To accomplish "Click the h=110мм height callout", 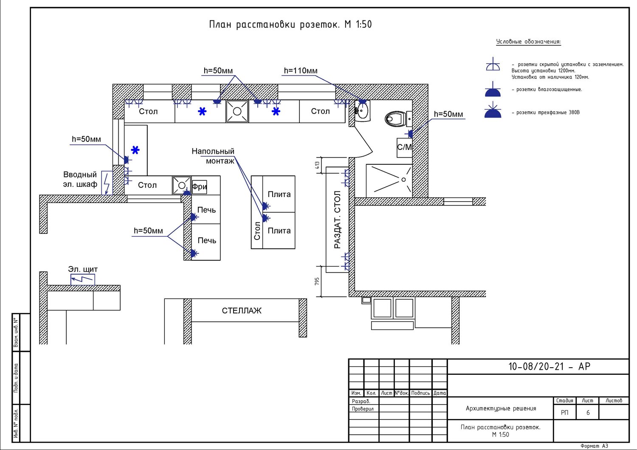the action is tap(301, 71).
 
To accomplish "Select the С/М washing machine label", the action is tap(404, 147).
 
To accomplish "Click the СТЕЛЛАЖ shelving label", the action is tap(242, 311).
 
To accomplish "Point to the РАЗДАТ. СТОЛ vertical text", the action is tap(337, 220).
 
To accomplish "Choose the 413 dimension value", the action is tap(317, 165).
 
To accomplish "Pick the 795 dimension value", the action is tap(317, 281).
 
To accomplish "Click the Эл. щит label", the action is tap(83, 269).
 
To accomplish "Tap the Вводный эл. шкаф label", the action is tap(80, 180).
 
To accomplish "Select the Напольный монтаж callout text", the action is tap(213, 156).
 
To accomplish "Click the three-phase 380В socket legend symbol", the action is tap(493, 110).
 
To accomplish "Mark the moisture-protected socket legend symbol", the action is tap(493, 89).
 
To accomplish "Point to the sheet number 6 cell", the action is tap(588, 413).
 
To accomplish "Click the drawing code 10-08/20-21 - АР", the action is tap(549, 367).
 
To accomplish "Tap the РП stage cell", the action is tap(564, 413).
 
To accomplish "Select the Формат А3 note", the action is tap(594, 446).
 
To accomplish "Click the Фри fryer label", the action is tap(199, 187).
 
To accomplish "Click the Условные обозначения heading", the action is tap(528, 42).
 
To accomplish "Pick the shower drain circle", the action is tap(403, 180).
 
